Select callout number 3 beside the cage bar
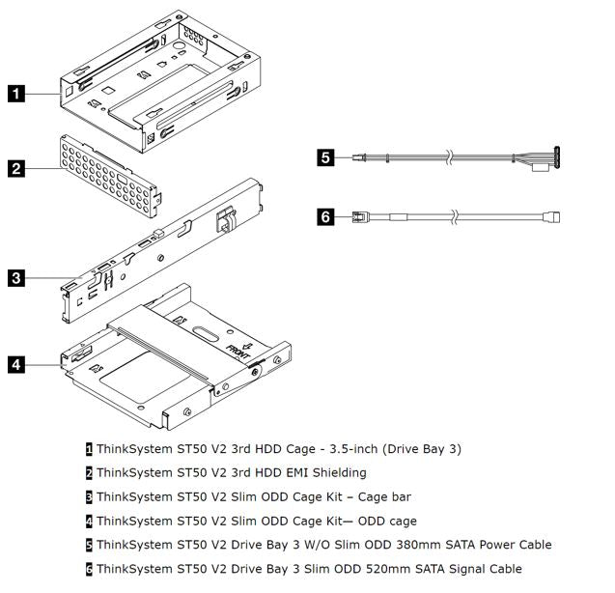tap(17, 279)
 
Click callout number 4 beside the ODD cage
tap(17, 365)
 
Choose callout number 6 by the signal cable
tap(327, 217)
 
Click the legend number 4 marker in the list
tap(90, 521)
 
